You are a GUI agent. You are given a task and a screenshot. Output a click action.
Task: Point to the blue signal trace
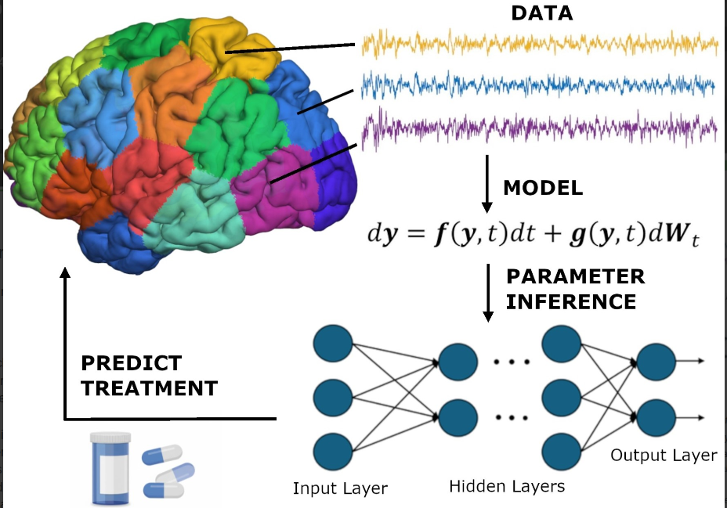tap(540, 83)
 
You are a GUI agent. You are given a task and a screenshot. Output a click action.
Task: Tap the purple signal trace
tap(540, 127)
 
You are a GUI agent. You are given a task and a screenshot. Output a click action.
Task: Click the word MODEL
tap(543, 188)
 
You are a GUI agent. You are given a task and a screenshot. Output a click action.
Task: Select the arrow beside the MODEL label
tap(486, 185)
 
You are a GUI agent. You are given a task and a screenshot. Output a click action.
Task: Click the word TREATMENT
tap(149, 387)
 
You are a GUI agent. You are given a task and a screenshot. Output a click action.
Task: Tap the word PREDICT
tap(132, 364)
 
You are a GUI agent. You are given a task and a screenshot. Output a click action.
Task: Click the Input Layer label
tap(340, 489)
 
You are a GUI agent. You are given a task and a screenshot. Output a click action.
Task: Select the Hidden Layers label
tap(507, 487)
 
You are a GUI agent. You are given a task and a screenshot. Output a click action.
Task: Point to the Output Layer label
tap(663, 456)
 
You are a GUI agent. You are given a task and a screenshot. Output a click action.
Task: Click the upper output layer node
tap(656, 362)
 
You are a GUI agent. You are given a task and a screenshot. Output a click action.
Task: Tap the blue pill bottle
tap(109, 467)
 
